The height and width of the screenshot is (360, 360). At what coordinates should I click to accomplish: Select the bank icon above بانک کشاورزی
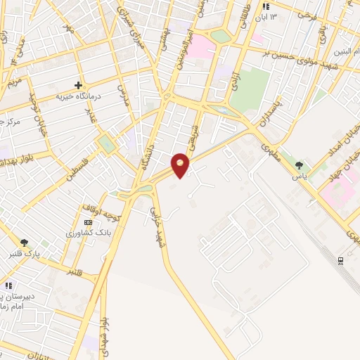(88, 221)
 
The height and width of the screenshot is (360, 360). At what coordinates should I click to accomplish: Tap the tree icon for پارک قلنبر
(25, 243)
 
